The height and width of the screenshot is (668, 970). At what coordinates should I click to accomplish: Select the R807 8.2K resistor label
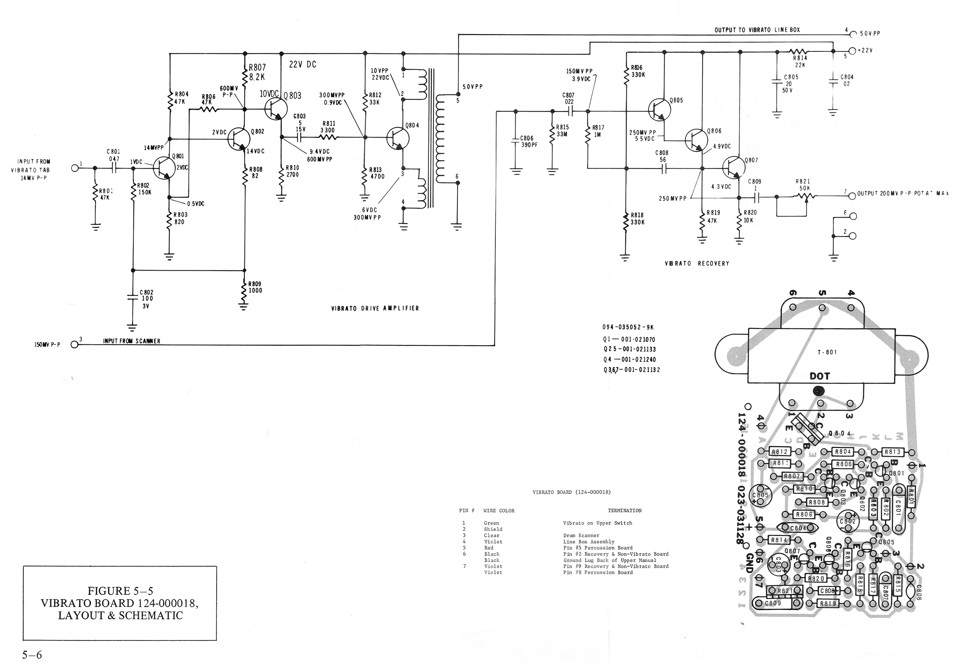click(257, 73)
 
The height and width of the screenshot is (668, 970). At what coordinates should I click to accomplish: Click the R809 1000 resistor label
click(255, 287)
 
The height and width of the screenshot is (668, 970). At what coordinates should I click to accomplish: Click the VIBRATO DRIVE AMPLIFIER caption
click(375, 308)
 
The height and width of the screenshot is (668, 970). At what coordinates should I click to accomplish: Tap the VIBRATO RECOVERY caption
click(696, 264)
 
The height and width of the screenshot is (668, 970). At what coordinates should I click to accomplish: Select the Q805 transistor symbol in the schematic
click(659, 110)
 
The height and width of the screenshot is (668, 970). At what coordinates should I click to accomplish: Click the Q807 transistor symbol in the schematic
click(734, 167)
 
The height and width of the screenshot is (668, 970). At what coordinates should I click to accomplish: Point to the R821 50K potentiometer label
click(803, 185)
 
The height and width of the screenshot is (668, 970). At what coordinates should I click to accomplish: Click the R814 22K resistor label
click(800, 61)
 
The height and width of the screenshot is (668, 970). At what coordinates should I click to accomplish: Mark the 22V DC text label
click(302, 65)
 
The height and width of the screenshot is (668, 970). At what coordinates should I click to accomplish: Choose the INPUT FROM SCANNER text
click(132, 341)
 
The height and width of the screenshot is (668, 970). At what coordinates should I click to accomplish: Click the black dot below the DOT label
click(818, 392)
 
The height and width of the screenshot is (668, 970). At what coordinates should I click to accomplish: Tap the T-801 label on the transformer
click(827, 352)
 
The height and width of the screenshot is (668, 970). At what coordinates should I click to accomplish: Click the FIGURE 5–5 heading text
click(120, 591)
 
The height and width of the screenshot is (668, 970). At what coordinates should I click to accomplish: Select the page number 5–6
click(32, 655)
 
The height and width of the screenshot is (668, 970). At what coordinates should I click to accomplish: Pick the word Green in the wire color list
click(491, 523)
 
